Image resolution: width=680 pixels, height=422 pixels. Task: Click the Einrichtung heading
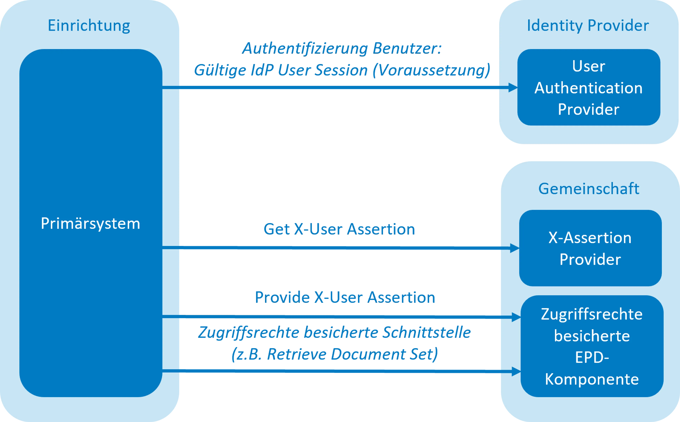(89, 26)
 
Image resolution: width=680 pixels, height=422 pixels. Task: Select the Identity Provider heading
(588, 26)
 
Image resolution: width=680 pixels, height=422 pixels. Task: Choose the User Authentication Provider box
(588, 87)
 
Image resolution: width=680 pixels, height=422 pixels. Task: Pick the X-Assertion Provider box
(590, 248)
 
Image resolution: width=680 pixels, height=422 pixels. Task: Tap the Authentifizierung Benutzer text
(341, 49)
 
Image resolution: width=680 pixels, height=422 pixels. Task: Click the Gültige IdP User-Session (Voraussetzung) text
(342, 70)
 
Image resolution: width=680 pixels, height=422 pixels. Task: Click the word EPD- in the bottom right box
(592, 358)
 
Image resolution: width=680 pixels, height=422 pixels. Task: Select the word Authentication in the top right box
(588, 88)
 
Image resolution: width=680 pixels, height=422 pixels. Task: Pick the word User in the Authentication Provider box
(588, 66)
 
